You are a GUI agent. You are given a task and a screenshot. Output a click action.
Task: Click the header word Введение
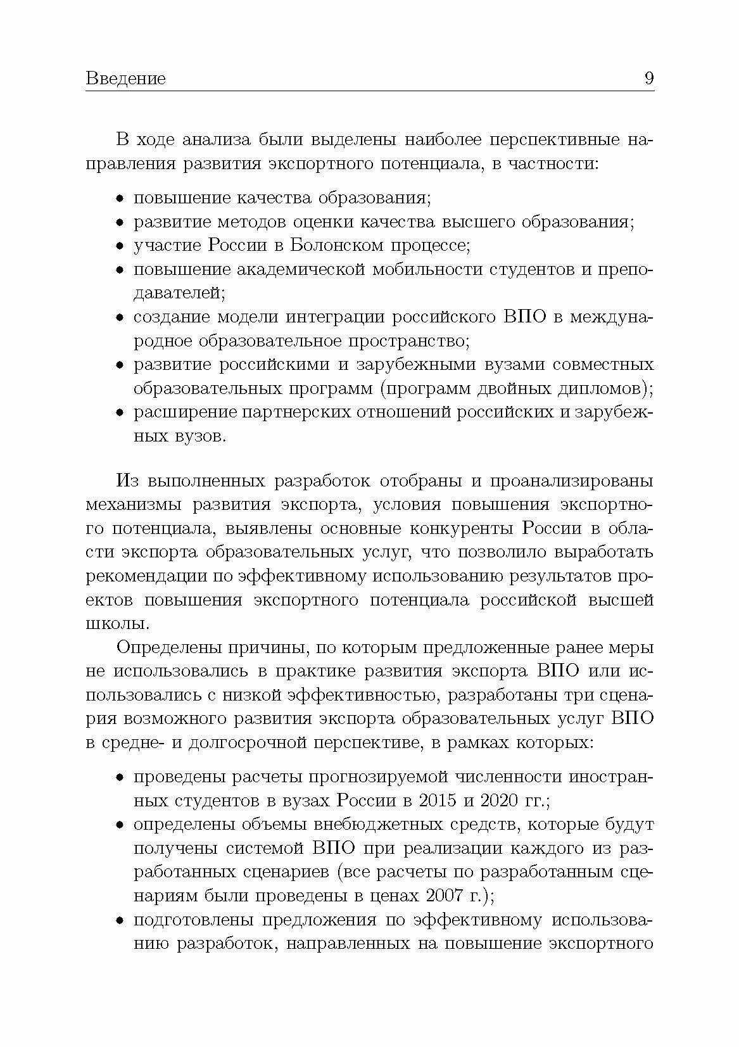(x=125, y=79)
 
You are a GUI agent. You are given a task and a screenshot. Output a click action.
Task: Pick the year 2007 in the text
(x=448, y=896)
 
